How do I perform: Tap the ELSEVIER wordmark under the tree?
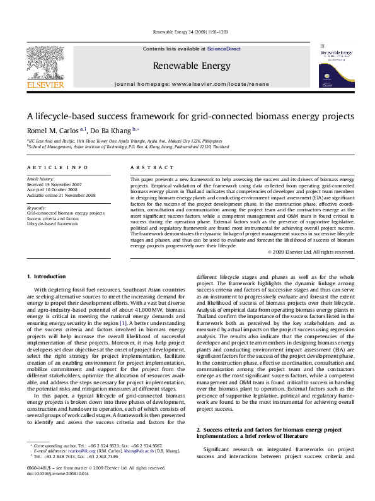pos(45,85)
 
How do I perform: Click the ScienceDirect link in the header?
pos(224,49)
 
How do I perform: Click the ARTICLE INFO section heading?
pos(57,168)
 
